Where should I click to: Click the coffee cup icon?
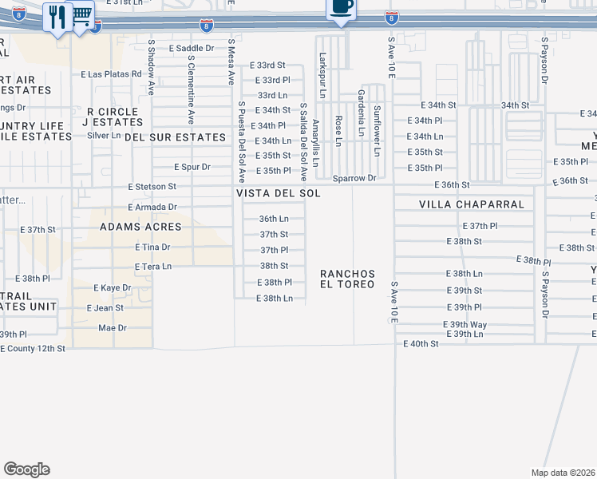[x=341, y=8]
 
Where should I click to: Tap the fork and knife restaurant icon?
[x=57, y=16]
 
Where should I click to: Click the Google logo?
[x=26, y=469]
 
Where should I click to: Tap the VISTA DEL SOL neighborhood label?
[x=278, y=194]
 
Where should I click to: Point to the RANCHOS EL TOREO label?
[x=347, y=279]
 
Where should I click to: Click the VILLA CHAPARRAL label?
[x=472, y=204]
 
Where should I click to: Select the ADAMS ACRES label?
[x=140, y=227]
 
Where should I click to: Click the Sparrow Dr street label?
[x=354, y=178]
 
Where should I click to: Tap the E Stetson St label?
[x=152, y=187]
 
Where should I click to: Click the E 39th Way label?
[x=465, y=324]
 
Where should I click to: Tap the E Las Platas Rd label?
[x=111, y=74]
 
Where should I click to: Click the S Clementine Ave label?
[x=191, y=84]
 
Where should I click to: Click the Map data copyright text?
[x=564, y=473]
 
